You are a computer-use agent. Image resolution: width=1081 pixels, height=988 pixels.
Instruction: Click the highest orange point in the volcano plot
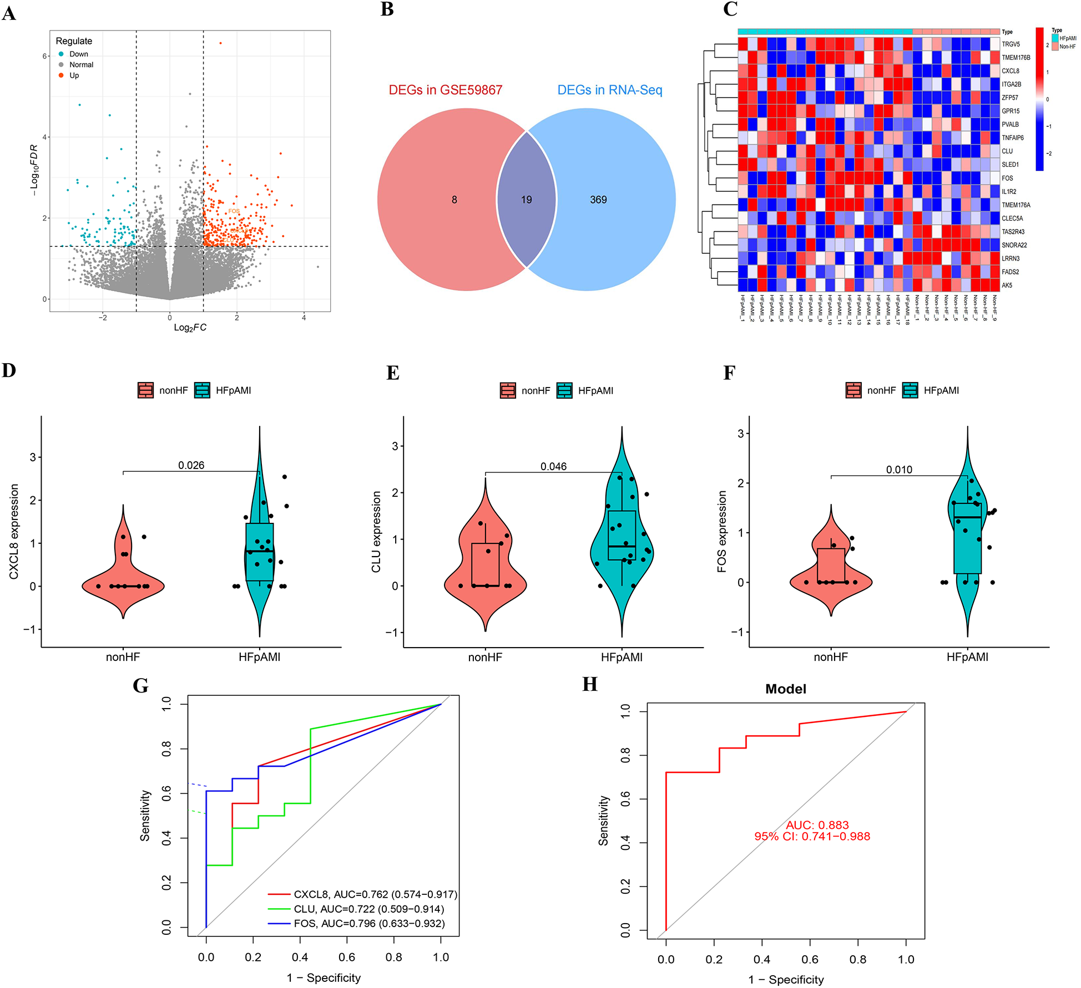click(x=220, y=43)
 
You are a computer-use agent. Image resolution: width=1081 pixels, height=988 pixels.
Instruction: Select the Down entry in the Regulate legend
click(x=78, y=54)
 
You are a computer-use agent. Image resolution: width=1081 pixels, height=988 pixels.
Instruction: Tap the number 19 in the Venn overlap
click(x=526, y=200)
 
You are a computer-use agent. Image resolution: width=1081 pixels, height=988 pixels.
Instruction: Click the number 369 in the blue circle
click(x=598, y=200)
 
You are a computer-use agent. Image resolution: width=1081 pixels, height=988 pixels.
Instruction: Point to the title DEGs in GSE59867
click(x=445, y=90)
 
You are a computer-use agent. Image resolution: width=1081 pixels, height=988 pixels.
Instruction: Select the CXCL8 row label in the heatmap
click(x=1010, y=71)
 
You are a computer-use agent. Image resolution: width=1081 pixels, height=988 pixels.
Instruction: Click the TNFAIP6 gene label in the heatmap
click(x=1012, y=138)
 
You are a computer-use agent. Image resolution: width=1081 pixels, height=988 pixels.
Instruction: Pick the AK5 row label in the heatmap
click(x=1007, y=286)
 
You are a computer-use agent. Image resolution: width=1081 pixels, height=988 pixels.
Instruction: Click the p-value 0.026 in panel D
click(x=191, y=465)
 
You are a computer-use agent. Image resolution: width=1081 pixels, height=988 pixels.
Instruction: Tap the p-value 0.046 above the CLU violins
click(x=553, y=466)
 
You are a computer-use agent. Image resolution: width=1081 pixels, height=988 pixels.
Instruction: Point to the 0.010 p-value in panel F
click(x=899, y=470)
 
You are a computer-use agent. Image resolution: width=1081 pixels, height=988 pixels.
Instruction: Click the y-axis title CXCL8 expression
click(x=14, y=532)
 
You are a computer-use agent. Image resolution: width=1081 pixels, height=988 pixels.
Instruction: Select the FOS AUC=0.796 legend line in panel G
click(x=369, y=924)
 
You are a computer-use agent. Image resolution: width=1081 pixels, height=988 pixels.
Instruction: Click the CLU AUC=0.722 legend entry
click(x=368, y=909)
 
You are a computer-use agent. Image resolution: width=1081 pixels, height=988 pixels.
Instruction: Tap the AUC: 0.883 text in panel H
click(x=817, y=825)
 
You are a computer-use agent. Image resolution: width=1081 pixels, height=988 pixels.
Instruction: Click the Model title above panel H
click(x=785, y=689)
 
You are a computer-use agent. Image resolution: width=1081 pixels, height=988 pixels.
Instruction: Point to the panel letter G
click(x=140, y=686)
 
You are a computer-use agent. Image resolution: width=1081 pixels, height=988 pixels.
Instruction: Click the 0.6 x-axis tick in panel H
click(x=810, y=960)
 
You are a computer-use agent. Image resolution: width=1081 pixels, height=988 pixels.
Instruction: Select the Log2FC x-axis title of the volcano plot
click(x=190, y=328)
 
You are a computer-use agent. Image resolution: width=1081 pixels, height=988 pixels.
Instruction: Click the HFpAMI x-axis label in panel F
click(x=967, y=657)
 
